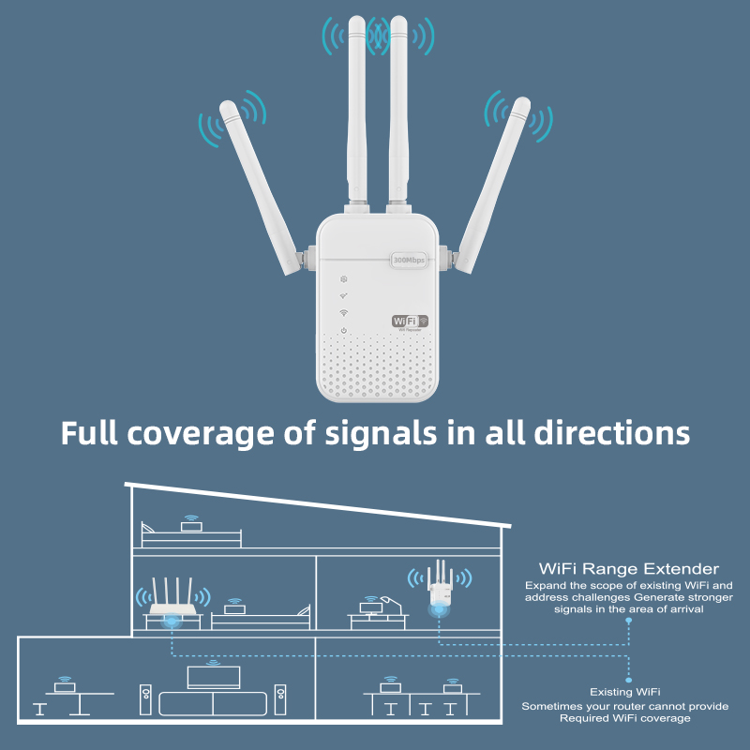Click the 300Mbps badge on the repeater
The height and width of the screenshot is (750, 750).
(410, 258)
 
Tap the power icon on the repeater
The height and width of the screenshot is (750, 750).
(344, 331)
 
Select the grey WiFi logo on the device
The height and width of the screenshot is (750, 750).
(410, 321)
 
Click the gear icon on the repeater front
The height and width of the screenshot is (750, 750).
(344, 278)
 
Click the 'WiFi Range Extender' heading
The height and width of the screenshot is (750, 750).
(628, 569)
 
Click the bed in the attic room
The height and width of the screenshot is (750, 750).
(191, 534)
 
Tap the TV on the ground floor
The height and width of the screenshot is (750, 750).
(213, 677)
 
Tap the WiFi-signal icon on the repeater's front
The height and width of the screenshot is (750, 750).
(344, 313)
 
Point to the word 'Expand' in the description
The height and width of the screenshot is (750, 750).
(544, 586)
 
